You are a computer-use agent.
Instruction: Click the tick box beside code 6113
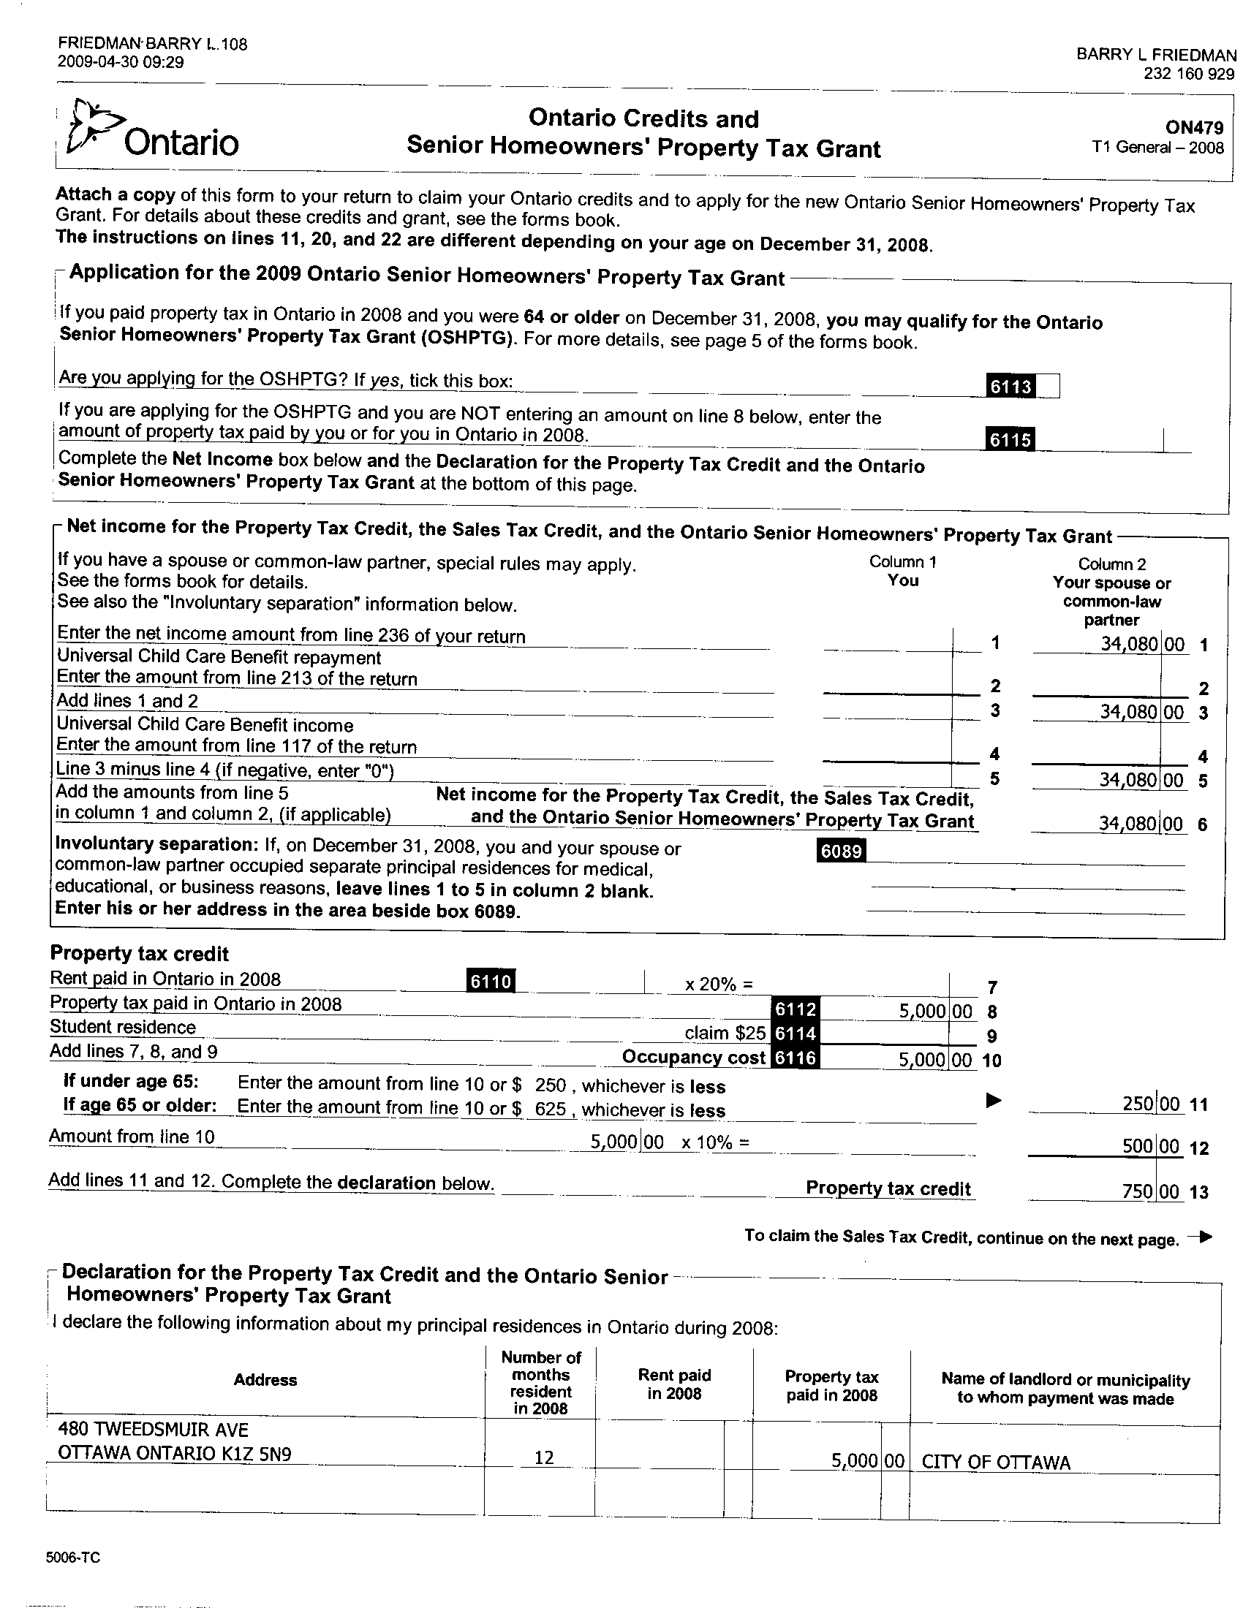click(1048, 386)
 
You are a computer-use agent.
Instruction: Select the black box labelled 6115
click(1010, 439)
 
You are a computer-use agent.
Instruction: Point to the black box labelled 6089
click(841, 850)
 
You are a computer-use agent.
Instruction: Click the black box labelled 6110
click(491, 981)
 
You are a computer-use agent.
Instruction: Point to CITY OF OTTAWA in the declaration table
click(996, 1463)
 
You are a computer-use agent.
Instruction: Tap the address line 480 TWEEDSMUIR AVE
click(153, 1430)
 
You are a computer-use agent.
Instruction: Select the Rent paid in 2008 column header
click(674, 1384)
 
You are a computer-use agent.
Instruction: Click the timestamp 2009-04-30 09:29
click(120, 63)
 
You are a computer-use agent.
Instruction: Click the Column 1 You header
click(903, 572)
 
